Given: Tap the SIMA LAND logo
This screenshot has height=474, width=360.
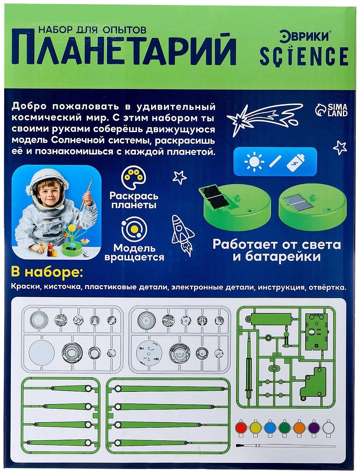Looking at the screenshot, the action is coord(331,110).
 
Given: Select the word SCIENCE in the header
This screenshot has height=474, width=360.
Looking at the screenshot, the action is coord(304,56).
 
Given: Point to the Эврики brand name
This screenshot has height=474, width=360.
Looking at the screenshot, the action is coord(304,36).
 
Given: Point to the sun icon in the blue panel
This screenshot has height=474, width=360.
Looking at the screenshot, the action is coord(254,162).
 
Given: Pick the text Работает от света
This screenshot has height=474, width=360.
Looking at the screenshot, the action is coord(277,245).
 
